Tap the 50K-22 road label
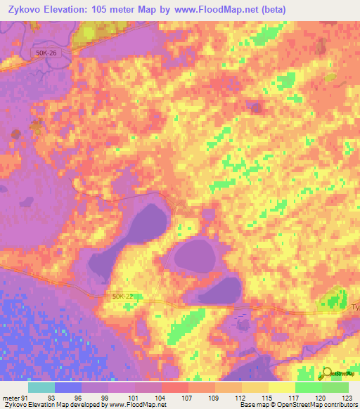click(123, 297)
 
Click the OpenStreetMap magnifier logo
click(328, 375)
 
